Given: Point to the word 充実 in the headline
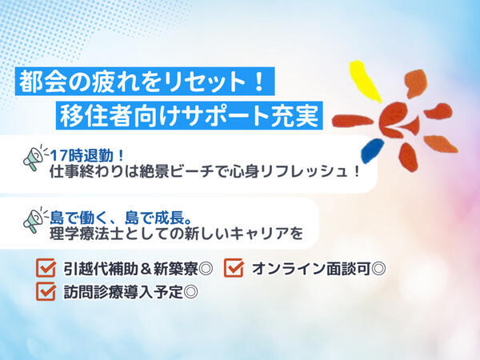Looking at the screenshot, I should click(x=296, y=114).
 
